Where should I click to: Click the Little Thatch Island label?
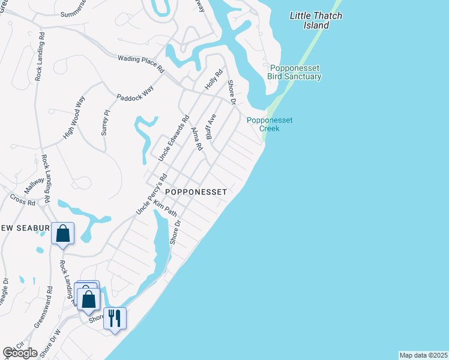[x=316, y=20]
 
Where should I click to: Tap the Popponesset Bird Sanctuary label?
[x=295, y=72]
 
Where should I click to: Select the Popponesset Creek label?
[x=270, y=124]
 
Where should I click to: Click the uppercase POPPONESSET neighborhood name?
[x=196, y=192]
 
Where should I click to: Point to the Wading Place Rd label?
[x=141, y=62]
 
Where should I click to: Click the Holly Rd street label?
[x=214, y=80]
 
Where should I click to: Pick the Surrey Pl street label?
[x=106, y=122]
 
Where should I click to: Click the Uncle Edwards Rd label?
[x=173, y=137]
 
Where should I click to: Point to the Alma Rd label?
[x=196, y=139]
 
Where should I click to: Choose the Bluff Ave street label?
[x=211, y=127]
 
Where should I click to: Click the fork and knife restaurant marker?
[x=114, y=318]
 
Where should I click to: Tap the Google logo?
[x=20, y=353]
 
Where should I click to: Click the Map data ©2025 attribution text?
[x=423, y=355]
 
